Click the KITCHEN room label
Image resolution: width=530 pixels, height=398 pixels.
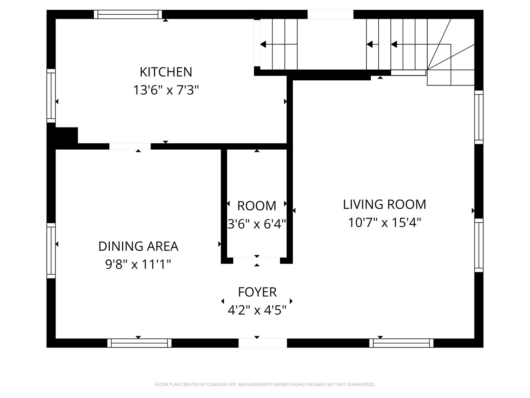click(166, 72)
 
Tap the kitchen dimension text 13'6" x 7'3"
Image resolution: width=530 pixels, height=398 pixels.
click(166, 90)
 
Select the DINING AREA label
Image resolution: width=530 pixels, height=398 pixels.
click(138, 246)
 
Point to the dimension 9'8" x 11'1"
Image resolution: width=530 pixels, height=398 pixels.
click(138, 264)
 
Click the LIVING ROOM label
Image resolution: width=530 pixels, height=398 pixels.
click(384, 205)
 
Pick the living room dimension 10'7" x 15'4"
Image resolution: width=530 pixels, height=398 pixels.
click(384, 223)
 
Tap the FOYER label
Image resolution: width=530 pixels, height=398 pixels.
click(257, 292)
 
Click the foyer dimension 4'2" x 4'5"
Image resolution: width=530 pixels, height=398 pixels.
click(257, 310)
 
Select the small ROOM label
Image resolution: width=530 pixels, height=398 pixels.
click(257, 206)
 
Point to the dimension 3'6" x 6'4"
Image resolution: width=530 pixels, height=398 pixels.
click(257, 224)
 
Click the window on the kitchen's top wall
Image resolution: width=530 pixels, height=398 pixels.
click(128, 14)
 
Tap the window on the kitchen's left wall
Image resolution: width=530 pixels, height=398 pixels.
click(51, 96)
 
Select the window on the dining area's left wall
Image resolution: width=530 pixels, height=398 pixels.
click(51, 251)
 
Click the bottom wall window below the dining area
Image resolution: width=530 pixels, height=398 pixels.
click(139, 343)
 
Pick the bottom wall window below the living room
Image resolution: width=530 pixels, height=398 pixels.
click(401, 343)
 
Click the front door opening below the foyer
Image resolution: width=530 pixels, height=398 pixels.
click(263, 343)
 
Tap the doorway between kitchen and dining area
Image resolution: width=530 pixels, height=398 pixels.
click(130, 146)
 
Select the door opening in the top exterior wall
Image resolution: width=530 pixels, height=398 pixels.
click(330, 14)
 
